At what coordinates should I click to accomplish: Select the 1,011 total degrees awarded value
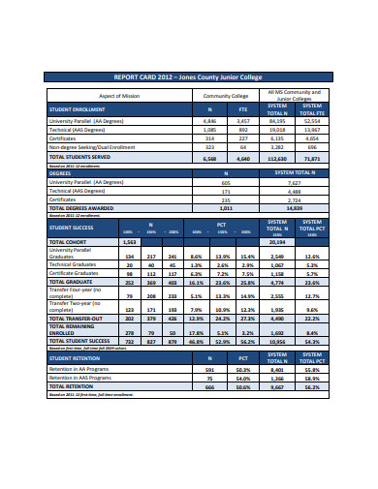coord(226,207)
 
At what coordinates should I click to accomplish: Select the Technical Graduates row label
coord(78,263)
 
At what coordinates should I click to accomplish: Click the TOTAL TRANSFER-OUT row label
coord(77,317)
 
